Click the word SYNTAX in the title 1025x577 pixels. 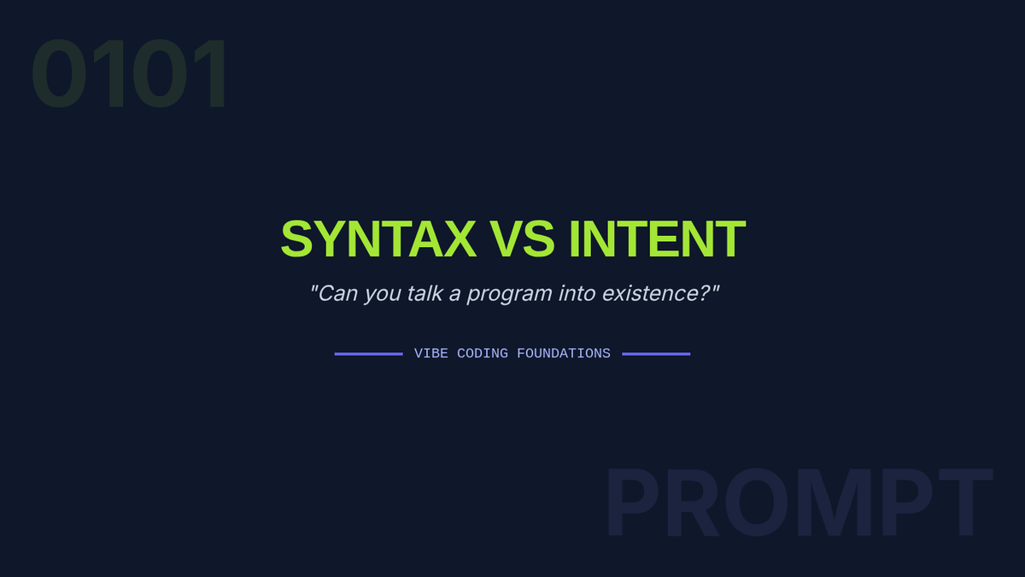click(x=378, y=239)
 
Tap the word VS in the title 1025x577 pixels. click(x=522, y=239)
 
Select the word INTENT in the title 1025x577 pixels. click(x=657, y=239)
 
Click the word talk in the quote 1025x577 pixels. click(x=425, y=293)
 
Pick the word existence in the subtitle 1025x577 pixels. click(x=649, y=293)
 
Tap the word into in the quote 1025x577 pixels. click(x=577, y=293)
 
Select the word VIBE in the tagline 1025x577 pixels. click(x=431, y=354)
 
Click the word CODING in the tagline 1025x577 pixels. click(x=483, y=354)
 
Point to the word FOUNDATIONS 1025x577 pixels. click(x=563, y=354)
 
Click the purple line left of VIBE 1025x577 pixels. click(x=369, y=354)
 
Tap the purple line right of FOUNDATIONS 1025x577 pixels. click(x=656, y=354)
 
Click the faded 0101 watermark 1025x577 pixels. click(x=129, y=74)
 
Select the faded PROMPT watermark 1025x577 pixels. click(x=799, y=502)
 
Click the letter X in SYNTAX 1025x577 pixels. click(x=460, y=239)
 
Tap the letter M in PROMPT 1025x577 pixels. click(x=834, y=502)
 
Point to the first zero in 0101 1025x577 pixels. click(x=59, y=74)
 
